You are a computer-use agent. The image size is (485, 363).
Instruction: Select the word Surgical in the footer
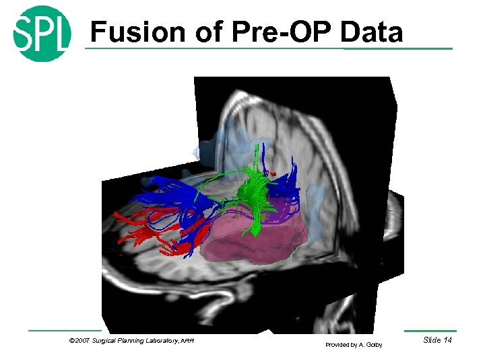click(x=105, y=341)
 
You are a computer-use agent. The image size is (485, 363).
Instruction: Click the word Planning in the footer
click(x=132, y=341)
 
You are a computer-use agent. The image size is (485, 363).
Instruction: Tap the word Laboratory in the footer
click(x=162, y=341)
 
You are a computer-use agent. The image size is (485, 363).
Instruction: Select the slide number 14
click(x=446, y=340)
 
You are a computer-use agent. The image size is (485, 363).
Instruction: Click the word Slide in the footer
click(x=431, y=340)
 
